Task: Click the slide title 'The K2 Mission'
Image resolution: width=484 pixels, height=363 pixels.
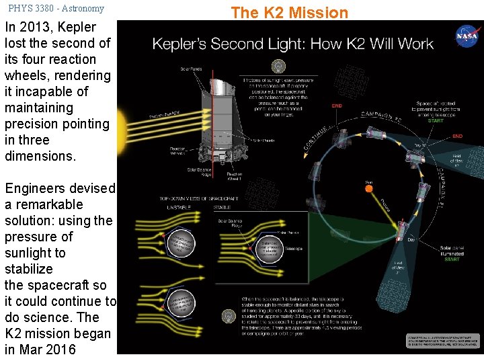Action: click(x=290, y=12)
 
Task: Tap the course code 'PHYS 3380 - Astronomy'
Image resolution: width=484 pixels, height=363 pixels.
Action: click(x=56, y=9)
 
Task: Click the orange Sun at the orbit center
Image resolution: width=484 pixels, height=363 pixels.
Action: click(x=369, y=189)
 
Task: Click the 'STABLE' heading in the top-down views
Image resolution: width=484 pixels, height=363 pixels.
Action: click(x=223, y=206)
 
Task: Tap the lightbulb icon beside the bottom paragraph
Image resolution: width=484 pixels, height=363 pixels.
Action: click(x=229, y=315)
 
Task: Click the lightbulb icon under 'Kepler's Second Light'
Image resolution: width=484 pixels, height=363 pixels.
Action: click(x=277, y=66)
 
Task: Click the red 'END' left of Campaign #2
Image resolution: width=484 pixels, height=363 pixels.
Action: click(x=337, y=106)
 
